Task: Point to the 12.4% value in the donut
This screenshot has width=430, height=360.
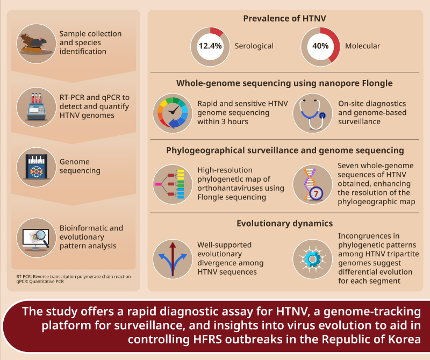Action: [210, 46]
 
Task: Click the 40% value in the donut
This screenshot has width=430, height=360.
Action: [320, 46]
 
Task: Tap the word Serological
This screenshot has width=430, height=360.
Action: [254, 46]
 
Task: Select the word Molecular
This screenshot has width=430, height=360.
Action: [363, 46]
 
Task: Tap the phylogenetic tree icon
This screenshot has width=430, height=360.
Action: [172, 183]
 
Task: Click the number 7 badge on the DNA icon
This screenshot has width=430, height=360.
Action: [319, 192]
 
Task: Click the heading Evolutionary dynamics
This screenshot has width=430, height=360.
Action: [284, 223]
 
